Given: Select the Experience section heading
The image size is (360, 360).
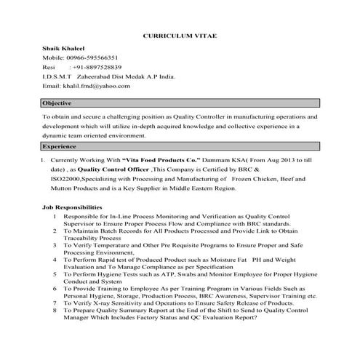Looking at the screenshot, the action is point(60,146).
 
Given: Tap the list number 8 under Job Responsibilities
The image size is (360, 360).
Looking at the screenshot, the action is point(55,310).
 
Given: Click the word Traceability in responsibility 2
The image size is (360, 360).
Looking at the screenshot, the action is point(81,238).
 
